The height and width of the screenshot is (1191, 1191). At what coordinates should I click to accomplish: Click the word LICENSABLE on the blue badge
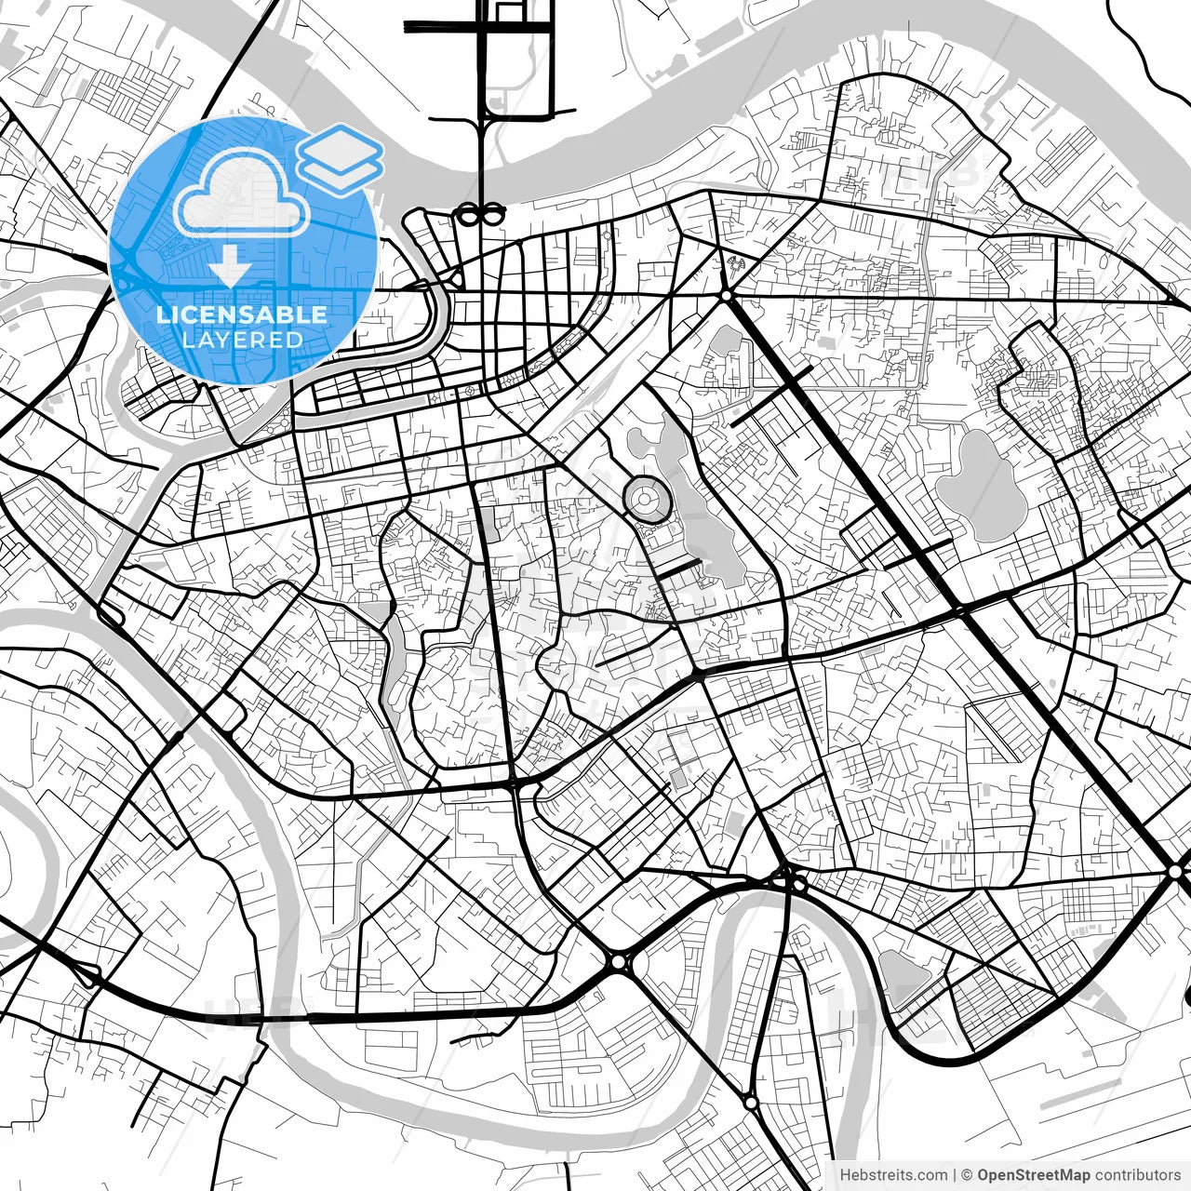click(242, 314)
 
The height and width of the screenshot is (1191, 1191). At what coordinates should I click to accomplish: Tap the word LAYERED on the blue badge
click(242, 340)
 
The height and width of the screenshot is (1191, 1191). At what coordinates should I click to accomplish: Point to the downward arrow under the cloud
click(229, 266)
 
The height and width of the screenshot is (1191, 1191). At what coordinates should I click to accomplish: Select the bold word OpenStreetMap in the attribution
click(1033, 1175)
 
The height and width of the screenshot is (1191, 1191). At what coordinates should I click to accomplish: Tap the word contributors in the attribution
click(1137, 1175)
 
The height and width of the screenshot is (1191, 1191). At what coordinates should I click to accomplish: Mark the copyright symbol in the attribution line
click(967, 1175)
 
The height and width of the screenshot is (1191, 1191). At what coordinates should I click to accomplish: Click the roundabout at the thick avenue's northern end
click(725, 296)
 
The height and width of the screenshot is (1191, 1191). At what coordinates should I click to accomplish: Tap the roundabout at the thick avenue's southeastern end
click(1175, 871)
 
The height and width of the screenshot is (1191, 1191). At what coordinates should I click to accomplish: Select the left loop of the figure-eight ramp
click(468, 215)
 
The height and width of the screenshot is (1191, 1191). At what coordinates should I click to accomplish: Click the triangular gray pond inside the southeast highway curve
click(901, 972)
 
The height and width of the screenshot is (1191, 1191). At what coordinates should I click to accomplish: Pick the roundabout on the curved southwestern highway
click(619, 961)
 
